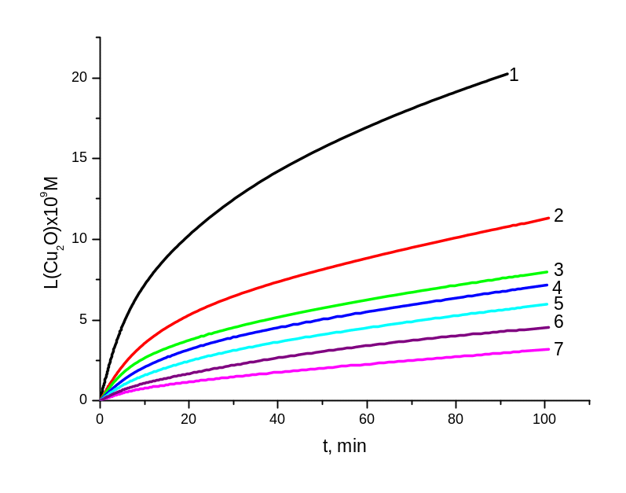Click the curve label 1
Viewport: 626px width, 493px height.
pyautogui.click(x=513, y=75)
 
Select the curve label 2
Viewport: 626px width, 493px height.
pyautogui.click(x=558, y=215)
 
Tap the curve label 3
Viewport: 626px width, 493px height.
pyautogui.click(x=558, y=270)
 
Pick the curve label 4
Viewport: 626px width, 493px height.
pyautogui.click(x=556, y=288)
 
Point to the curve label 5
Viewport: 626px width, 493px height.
pyautogui.click(x=558, y=304)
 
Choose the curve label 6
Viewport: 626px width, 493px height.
pyautogui.click(x=558, y=322)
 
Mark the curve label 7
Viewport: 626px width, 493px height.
pyautogui.click(x=558, y=349)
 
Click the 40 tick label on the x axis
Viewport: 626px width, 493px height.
pyautogui.click(x=277, y=419)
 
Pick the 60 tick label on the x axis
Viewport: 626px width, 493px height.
pyautogui.click(x=366, y=419)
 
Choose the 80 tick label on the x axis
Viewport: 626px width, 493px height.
pyautogui.click(x=455, y=419)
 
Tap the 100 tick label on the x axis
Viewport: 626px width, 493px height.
pyautogui.click(x=544, y=419)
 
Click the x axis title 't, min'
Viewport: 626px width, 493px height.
pyautogui.click(x=344, y=447)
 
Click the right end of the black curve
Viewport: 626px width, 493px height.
pyautogui.click(x=507, y=73)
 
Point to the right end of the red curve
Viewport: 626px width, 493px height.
pyautogui.click(x=549, y=218)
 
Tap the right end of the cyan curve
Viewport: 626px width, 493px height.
pyautogui.click(x=547, y=304)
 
